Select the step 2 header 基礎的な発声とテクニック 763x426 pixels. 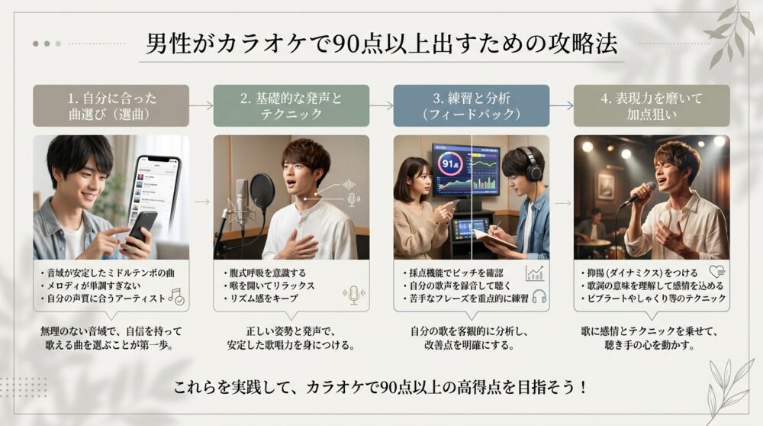coord(291,105)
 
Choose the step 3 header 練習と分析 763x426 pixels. coord(471,105)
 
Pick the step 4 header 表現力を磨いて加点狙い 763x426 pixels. coord(651,105)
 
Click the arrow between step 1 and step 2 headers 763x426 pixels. coord(201,105)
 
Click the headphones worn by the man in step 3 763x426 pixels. coord(530,163)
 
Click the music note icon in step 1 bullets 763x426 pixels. coord(177,296)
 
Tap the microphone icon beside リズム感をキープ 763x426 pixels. coord(353,295)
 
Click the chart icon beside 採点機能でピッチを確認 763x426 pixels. coord(534,273)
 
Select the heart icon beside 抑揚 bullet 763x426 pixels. coord(716,271)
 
